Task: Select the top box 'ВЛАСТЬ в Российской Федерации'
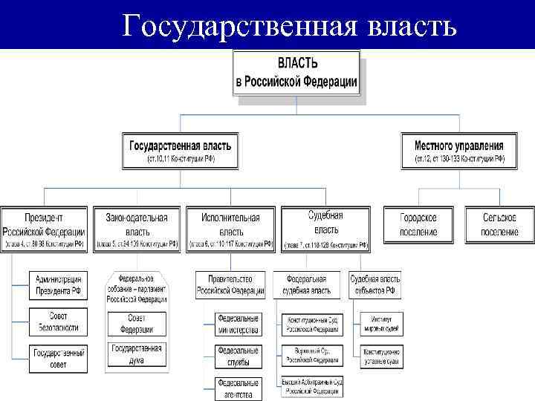pyautogui.click(x=296, y=73)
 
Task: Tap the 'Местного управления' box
pyautogui.click(x=458, y=151)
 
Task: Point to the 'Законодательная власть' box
pyautogui.click(x=137, y=226)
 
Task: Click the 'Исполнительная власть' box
pyautogui.click(x=230, y=226)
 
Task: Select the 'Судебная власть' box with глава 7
pyautogui.click(x=325, y=226)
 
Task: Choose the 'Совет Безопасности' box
pyautogui.click(x=59, y=322)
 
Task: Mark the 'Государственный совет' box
pyautogui.click(x=59, y=359)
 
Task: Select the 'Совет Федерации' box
pyautogui.click(x=137, y=323)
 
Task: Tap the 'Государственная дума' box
pyautogui.click(x=137, y=353)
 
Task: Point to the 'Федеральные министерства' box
pyautogui.click(x=238, y=324)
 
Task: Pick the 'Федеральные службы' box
pyautogui.click(x=238, y=356)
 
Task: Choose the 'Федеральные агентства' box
pyautogui.click(x=238, y=388)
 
